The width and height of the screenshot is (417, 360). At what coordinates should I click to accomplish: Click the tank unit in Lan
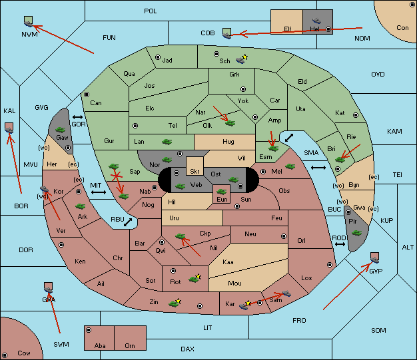click(167, 142)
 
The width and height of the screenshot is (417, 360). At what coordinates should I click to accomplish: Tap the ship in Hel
click(316, 21)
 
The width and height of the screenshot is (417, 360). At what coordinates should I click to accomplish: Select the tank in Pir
click(356, 233)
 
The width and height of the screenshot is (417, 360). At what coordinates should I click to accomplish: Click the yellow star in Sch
click(245, 57)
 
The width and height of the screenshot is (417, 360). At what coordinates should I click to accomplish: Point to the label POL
click(151, 11)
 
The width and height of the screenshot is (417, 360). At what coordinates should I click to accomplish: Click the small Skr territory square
click(195, 166)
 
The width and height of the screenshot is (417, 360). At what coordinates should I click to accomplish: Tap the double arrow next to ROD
click(340, 244)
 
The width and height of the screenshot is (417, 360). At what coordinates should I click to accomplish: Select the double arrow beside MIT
click(99, 192)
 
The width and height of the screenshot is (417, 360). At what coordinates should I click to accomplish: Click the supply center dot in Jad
click(158, 57)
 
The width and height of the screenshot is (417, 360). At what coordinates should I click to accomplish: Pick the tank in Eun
click(221, 191)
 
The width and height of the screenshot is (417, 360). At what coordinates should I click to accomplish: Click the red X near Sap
click(117, 176)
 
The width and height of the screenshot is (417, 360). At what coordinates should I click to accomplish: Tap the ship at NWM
click(29, 24)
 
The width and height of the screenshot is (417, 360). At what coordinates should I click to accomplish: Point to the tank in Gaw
click(61, 130)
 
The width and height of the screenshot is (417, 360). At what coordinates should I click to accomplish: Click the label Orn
click(130, 345)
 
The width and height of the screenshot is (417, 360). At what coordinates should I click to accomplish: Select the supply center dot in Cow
click(5, 355)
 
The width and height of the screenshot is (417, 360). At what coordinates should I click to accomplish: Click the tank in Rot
click(194, 279)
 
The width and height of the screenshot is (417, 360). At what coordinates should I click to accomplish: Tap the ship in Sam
click(286, 293)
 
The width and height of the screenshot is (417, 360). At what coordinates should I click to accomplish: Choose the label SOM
click(378, 330)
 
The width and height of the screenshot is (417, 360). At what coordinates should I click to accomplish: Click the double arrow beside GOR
click(78, 117)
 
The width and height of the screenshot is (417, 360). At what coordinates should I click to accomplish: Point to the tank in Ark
click(81, 206)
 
